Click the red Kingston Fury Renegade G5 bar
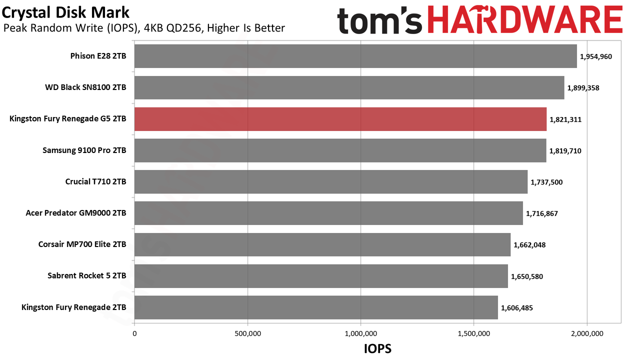[x=340, y=119]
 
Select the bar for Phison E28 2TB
[x=355, y=56]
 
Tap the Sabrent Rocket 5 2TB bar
[x=321, y=276]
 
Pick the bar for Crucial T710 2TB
[x=331, y=181]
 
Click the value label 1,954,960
[x=595, y=56]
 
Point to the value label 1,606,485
[x=517, y=308]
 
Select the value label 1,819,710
[x=565, y=151]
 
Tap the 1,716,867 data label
[x=541, y=213]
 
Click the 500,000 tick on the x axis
[x=247, y=333]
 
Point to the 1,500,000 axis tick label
[x=473, y=333]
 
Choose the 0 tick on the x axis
[x=134, y=333]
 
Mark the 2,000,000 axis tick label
[x=587, y=333]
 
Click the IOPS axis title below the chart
[x=377, y=348]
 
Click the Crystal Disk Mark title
[x=65, y=12]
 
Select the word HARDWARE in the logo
[x=525, y=20]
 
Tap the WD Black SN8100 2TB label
[x=85, y=87]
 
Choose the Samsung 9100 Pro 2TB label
[x=84, y=150]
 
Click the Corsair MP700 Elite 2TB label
[x=82, y=244]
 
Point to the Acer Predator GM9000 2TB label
[x=76, y=213]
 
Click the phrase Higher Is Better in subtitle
[x=245, y=28]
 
